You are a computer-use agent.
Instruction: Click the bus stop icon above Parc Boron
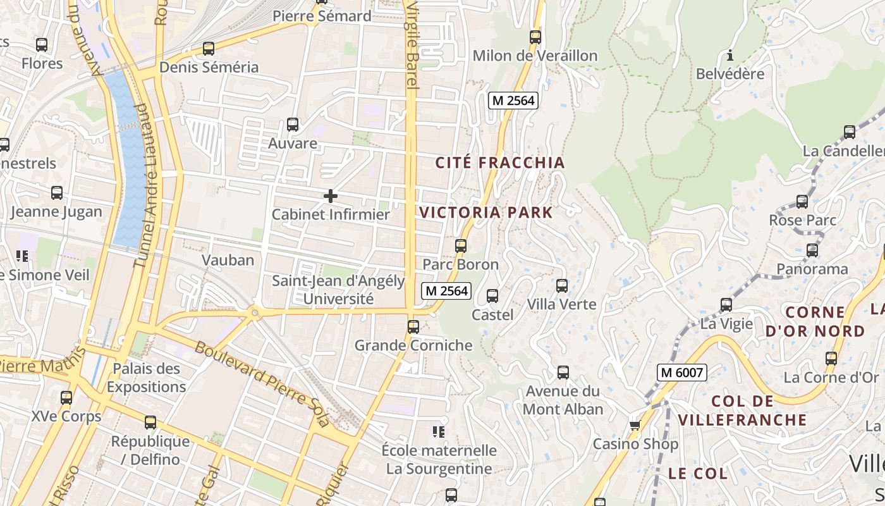(x=461, y=246)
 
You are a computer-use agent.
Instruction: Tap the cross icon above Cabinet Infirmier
(x=330, y=196)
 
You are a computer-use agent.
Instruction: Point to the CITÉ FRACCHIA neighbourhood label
(x=500, y=163)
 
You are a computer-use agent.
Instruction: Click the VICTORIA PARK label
(x=486, y=213)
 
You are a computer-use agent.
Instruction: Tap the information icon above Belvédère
(x=730, y=56)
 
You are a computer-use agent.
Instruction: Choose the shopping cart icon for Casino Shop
(x=635, y=425)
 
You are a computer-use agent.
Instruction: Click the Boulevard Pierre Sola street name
(x=262, y=384)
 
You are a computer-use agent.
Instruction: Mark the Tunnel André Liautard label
(x=146, y=185)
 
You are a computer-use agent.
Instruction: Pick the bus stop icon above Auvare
(x=292, y=125)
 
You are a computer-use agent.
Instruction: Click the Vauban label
(x=228, y=260)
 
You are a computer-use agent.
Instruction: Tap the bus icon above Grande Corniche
(x=413, y=327)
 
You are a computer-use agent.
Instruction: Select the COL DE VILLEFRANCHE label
(x=742, y=410)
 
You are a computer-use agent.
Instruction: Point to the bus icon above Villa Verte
(x=561, y=286)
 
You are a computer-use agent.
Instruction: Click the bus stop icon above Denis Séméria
(x=208, y=49)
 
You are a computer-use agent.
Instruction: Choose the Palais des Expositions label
(x=146, y=378)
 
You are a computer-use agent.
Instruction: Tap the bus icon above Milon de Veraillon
(x=535, y=37)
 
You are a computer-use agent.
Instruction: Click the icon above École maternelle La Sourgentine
(x=439, y=432)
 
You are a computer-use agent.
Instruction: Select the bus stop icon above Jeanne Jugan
(x=56, y=193)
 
